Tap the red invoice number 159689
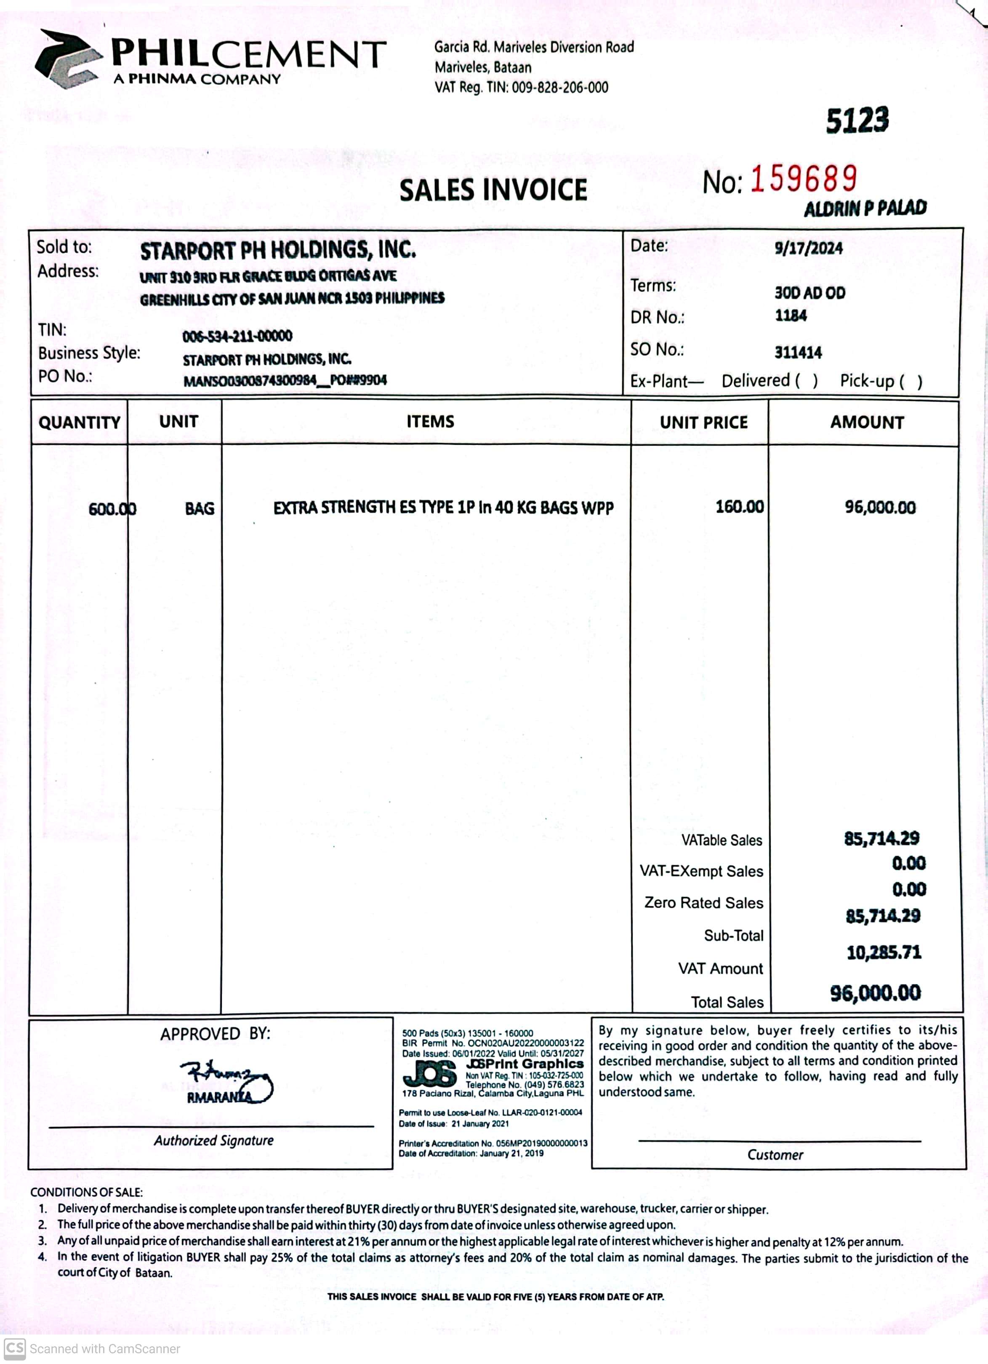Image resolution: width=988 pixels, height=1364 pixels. [x=804, y=179]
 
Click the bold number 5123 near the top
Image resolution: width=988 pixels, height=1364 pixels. [x=857, y=120]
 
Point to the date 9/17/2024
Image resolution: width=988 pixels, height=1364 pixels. [x=808, y=248]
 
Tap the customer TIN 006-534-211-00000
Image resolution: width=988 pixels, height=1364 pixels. [x=237, y=336]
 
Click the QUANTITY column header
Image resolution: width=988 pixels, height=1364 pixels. [x=79, y=422]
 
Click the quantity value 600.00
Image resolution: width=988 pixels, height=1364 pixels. [x=112, y=509]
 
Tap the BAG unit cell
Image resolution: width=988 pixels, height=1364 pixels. [x=200, y=509]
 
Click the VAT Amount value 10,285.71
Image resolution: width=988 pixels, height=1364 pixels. [x=884, y=952]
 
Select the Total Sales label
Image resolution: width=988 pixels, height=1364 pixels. [x=727, y=1002]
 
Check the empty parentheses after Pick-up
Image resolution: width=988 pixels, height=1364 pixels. [x=911, y=381]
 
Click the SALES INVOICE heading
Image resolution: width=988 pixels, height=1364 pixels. [x=493, y=190]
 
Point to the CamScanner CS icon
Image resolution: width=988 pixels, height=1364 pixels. [x=14, y=1348]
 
